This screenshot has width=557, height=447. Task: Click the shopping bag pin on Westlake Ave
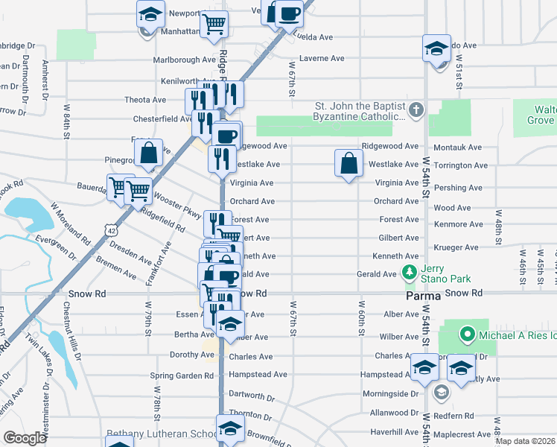click(348, 162)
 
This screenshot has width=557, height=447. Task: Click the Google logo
click(25, 438)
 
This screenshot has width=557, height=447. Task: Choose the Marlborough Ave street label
click(184, 60)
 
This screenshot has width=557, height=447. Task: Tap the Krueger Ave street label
click(461, 247)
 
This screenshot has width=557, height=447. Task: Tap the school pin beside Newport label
click(150, 14)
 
